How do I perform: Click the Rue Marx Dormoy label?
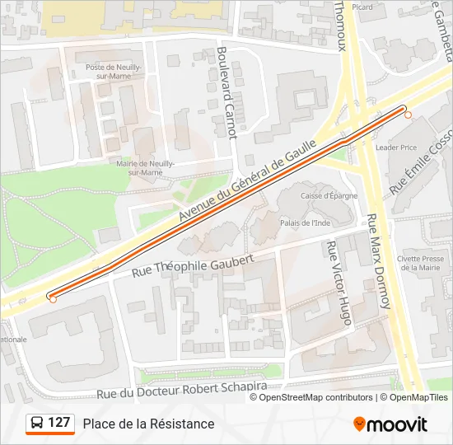click(378, 262)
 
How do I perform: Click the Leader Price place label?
click(396, 148)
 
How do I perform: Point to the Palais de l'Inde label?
click(305, 222)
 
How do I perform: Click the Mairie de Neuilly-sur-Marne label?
click(145, 168)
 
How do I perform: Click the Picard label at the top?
click(362, 7)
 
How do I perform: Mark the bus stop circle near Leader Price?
click(407, 115)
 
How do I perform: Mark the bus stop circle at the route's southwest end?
click(53, 299)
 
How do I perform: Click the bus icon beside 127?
click(37, 424)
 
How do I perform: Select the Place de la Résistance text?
click(148, 424)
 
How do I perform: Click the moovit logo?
click(390, 424)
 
